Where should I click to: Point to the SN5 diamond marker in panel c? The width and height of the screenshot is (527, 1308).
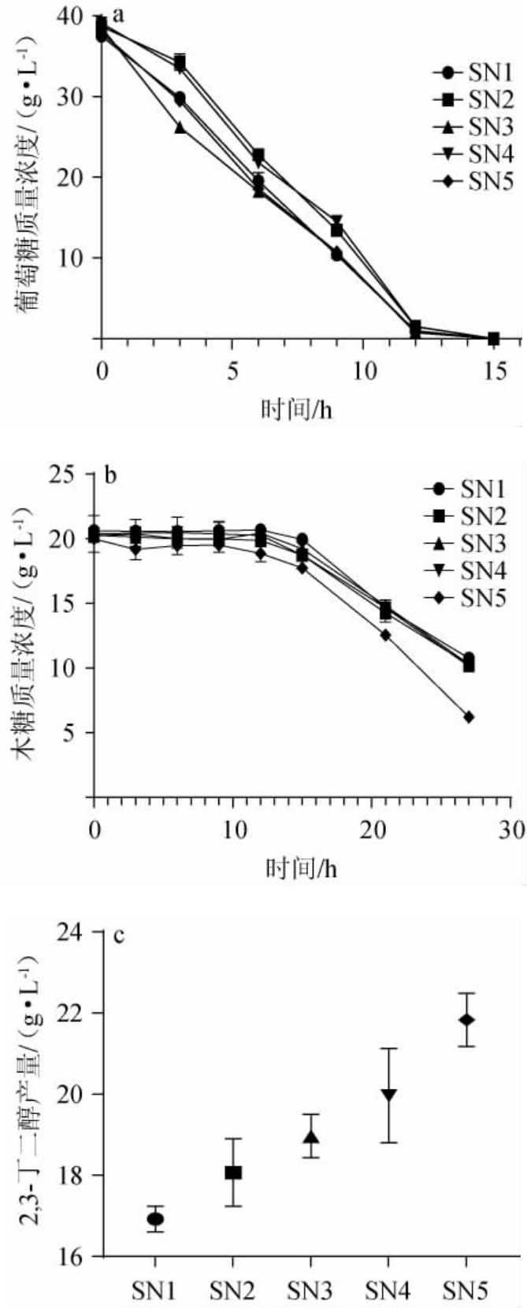point(466,1020)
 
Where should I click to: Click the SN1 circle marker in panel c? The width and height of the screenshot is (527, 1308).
point(155,1219)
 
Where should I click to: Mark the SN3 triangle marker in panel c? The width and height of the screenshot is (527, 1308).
point(311,1137)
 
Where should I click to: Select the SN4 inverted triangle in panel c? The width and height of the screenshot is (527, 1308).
point(388,1094)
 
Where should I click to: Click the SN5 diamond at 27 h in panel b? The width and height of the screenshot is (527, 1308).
point(469,717)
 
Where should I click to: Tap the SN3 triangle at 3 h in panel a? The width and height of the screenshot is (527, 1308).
point(180,127)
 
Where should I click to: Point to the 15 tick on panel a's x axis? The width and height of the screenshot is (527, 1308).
point(494,370)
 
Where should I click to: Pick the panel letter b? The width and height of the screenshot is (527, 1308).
point(110,475)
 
